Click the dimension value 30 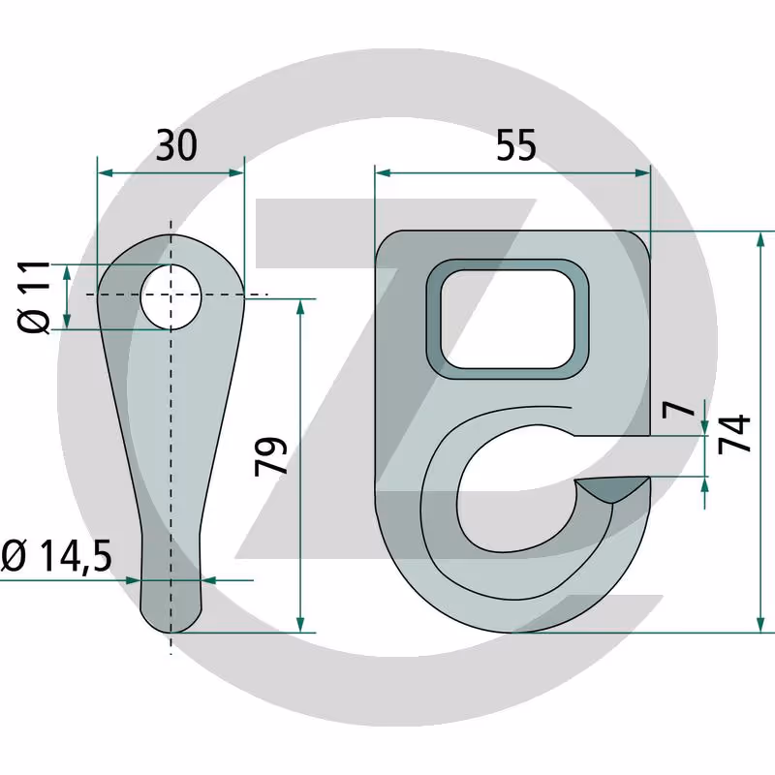pyautogui.click(x=176, y=145)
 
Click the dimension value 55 pyautogui.click(x=516, y=145)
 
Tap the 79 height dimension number pyautogui.click(x=271, y=456)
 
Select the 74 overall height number pyautogui.click(x=734, y=434)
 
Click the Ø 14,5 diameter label pyautogui.click(x=56, y=555)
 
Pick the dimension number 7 pyautogui.click(x=679, y=408)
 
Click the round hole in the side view pyautogui.click(x=171, y=296)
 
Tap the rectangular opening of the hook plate pyautogui.click(x=508, y=320)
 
